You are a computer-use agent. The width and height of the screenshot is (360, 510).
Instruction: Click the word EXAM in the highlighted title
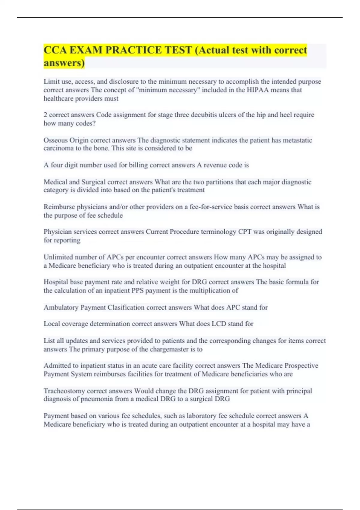click(85, 50)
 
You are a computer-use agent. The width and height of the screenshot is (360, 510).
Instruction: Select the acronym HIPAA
click(258, 90)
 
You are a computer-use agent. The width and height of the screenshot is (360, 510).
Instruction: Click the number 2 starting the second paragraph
click(46, 115)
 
